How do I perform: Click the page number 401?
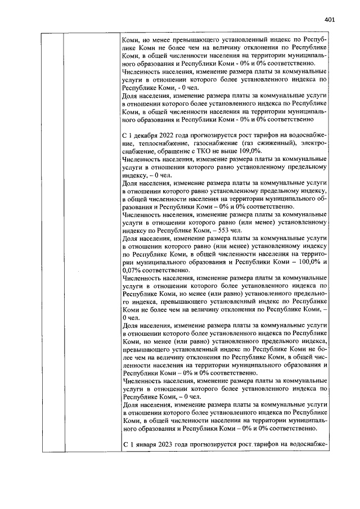(330, 20)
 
